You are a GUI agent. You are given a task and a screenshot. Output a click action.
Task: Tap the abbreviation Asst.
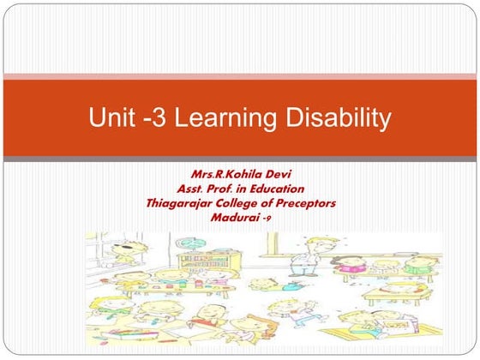coord(193,189)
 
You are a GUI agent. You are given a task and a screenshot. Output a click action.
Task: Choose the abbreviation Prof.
coord(226,189)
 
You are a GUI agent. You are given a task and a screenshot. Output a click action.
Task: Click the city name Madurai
coord(234,217)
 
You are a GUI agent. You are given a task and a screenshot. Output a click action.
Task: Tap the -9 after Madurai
coord(268,218)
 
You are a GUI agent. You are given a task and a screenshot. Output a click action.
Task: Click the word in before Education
coord(249,189)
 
